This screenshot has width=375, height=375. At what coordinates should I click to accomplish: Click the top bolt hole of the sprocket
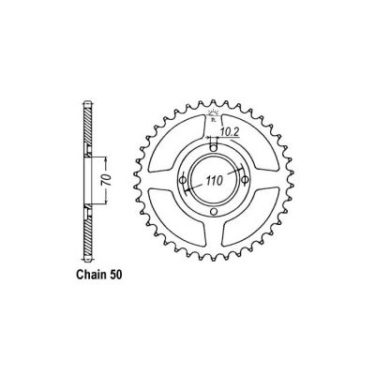(x=213, y=144)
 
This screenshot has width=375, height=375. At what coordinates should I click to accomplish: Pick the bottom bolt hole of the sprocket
(x=214, y=212)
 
